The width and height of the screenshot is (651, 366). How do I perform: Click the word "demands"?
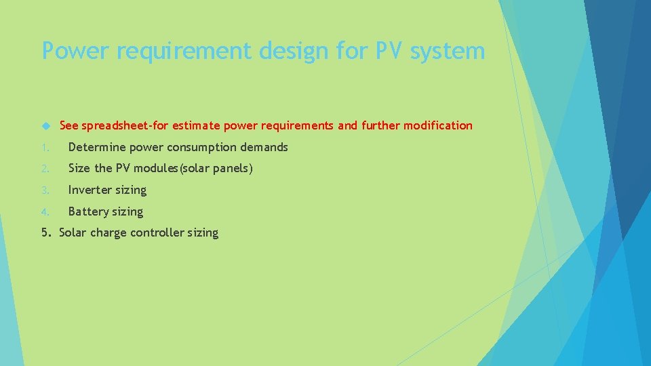coord(264,147)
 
